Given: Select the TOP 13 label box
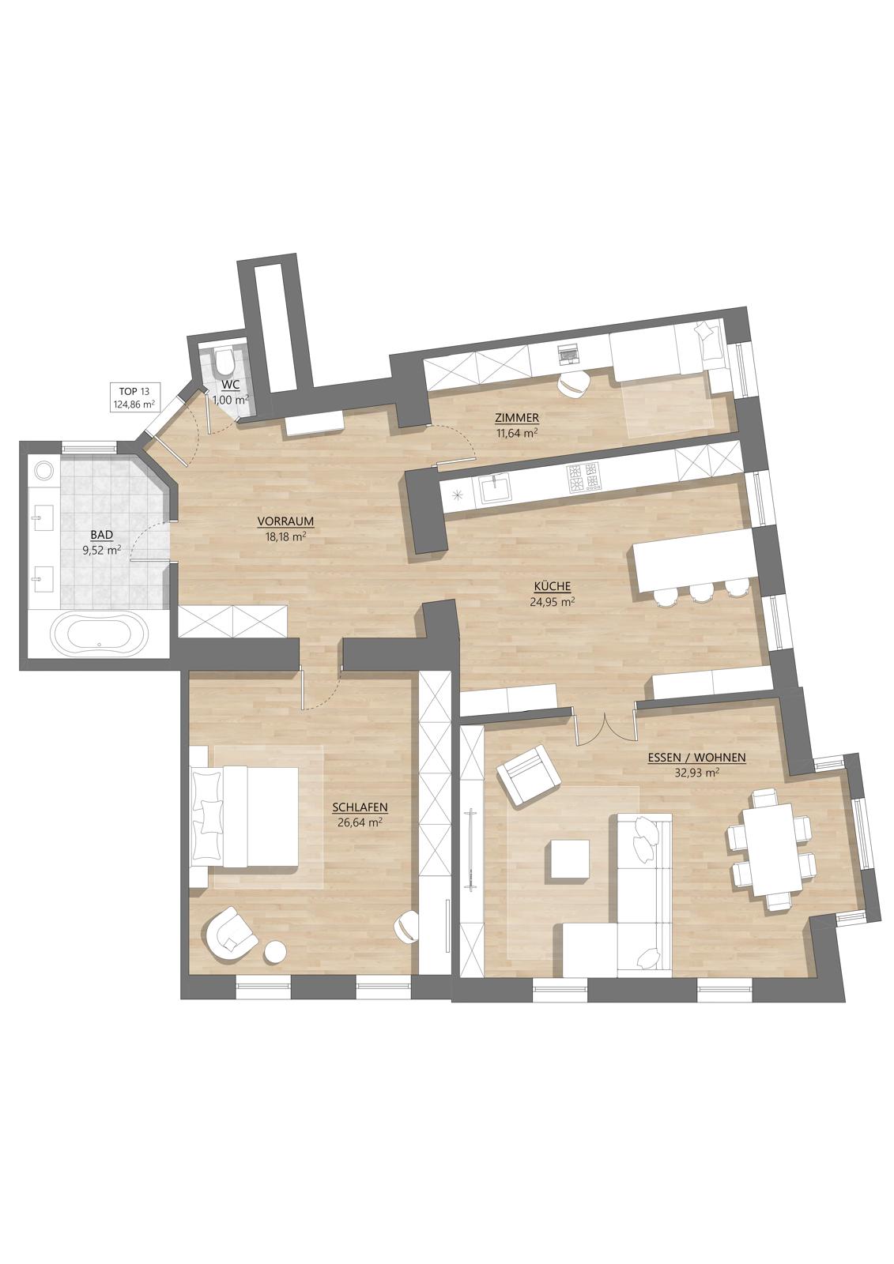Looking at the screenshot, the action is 135,398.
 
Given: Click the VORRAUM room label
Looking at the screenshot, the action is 285,521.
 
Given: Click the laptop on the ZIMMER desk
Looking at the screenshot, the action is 567,353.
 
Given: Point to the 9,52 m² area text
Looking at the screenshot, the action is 102,550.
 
